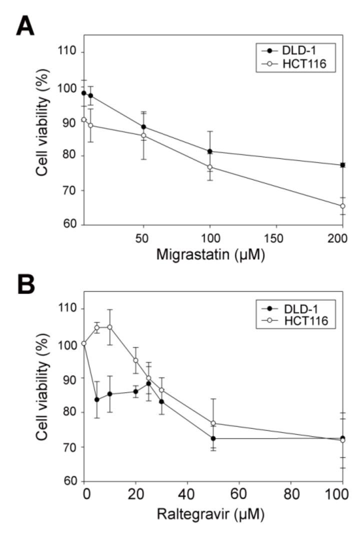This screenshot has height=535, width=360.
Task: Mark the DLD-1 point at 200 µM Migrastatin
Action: [x=343, y=165]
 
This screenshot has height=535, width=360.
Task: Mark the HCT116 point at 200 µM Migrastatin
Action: [x=343, y=206]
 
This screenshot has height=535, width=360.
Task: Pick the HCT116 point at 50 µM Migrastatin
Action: [x=143, y=135]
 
